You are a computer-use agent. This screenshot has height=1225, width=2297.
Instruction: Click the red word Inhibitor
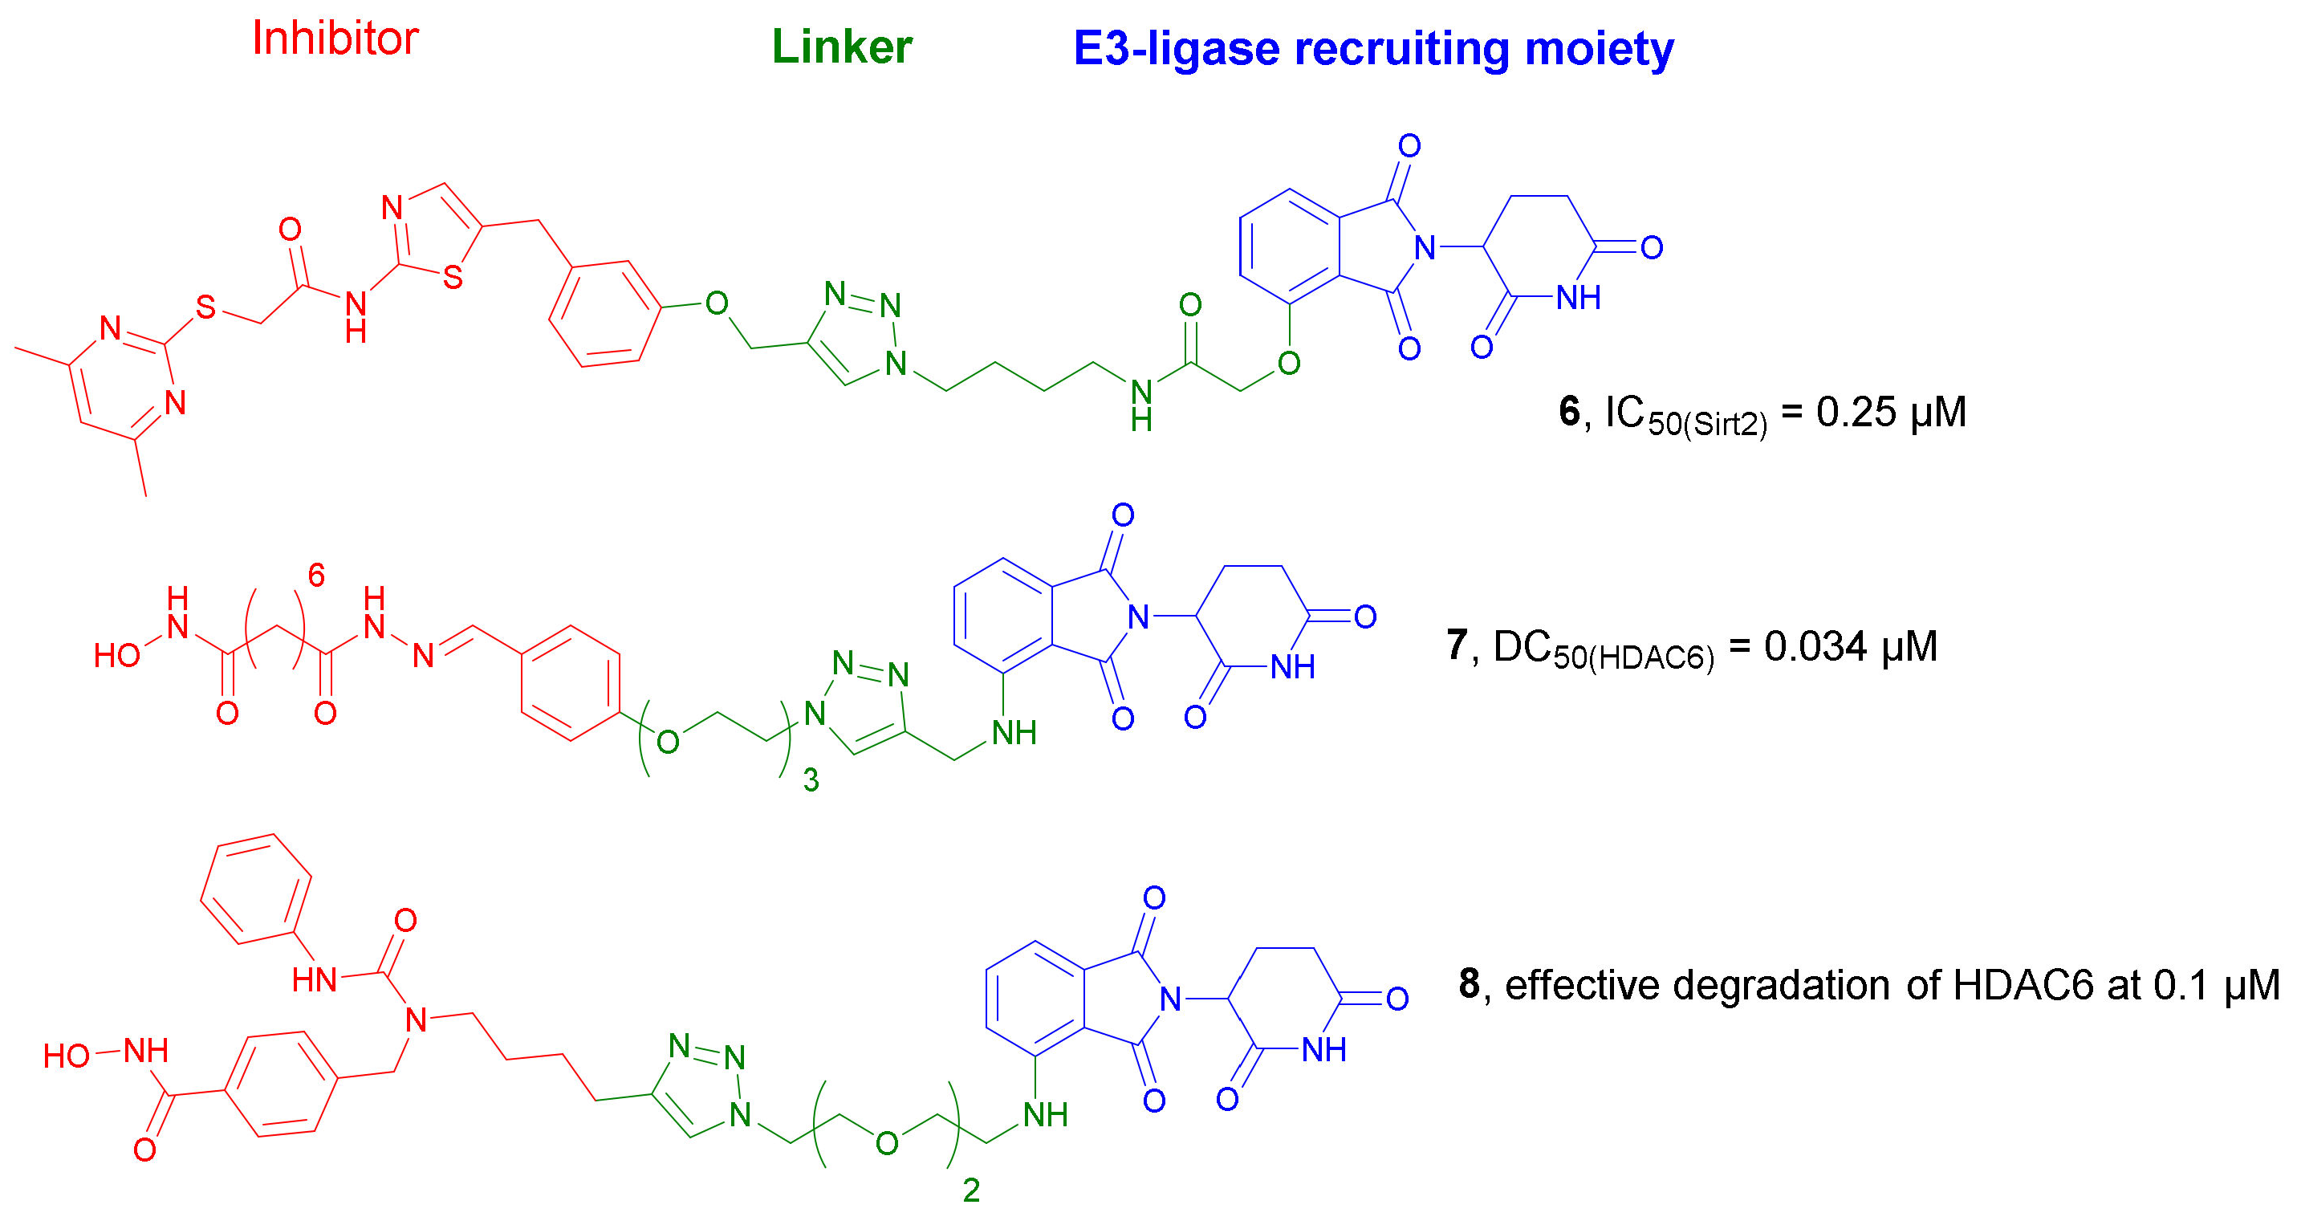click(x=335, y=39)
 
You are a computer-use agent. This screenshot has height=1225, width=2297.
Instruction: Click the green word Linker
click(x=841, y=47)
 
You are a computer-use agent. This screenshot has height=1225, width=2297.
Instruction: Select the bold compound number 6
click(x=1568, y=412)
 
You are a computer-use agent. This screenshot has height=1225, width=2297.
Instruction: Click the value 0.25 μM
click(x=1890, y=412)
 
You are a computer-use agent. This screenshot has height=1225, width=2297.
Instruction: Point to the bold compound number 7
click(x=1457, y=645)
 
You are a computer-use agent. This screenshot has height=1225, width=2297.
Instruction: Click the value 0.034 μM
click(x=1850, y=646)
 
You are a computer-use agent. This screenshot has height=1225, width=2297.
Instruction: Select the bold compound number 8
click(x=1470, y=984)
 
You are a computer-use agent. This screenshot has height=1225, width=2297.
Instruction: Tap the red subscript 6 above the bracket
click(x=315, y=576)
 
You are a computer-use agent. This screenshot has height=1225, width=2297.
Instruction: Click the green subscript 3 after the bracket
click(x=811, y=782)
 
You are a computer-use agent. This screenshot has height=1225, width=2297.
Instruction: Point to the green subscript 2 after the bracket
click(x=971, y=1191)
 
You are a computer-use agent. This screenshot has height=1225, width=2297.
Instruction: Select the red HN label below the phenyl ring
click(x=314, y=982)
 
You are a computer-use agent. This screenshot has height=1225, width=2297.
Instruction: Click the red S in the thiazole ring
click(x=453, y=277)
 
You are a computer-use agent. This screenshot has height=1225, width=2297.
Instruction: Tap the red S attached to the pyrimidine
click(x=206, y=308)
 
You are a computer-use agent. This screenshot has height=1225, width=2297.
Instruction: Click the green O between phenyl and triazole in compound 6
click(x=716, y=304)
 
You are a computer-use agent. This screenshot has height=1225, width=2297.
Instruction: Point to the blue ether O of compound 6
click(x=1287, y=363)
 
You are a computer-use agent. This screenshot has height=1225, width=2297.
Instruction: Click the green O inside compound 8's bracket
click(x=885, y=1144)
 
